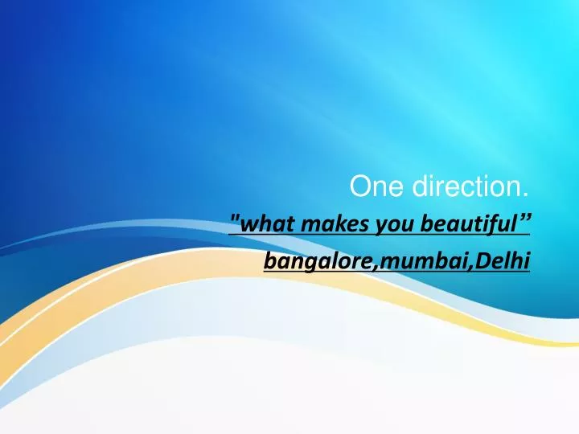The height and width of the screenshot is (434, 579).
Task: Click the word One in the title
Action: [369, 187]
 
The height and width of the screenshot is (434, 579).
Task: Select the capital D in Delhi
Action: [483, 260]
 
